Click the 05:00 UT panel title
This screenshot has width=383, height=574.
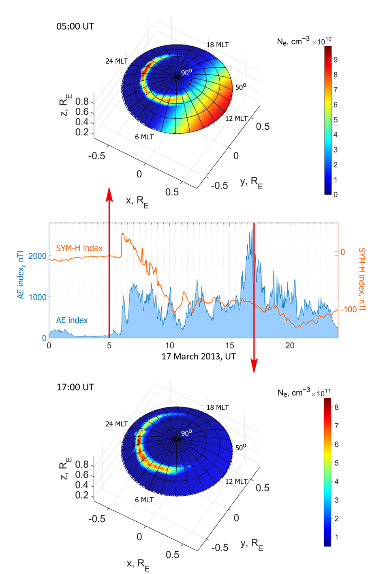pyautogui.click(x=75, y=27)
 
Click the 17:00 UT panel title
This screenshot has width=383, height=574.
pyautogui.click(x=75, y=387)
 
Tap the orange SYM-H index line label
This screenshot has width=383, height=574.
pyautogui.click(x=79, y=248)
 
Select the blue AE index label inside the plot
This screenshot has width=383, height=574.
pyautogui.click(x=72, y=320)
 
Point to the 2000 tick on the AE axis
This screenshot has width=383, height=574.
pyautogui.click(x=37, y=256)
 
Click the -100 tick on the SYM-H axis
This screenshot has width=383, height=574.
pyautogui.click(x=349, y=309)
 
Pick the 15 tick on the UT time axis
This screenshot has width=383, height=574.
pyautogui.click(x=230, y=345)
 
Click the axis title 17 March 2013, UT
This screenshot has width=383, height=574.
pyautogui.click(x=199, y=357)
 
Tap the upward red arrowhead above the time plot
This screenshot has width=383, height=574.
pyautogui.click(x=109, y=194)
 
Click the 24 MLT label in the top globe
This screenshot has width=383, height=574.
pyautogui.click(x=116, y=61)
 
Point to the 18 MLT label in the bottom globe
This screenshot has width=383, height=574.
pyautogui.click(x=218, y=407)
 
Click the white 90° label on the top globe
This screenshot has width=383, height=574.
pyautogui.click(x=186, y=73)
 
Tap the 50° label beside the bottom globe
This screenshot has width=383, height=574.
pyautogui.click(x=241, y=448)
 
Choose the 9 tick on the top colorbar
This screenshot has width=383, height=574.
pyautogui.click(x=336, y=60)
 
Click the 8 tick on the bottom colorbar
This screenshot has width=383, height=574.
pyautogui.click(x=336, y=407)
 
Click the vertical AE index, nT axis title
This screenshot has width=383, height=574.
pyautogui.click(x=21, y=275)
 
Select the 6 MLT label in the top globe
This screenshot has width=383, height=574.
pyautogui.click(x=144, y=137)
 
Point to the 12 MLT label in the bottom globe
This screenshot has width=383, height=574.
pyautogui.click(x=236, y=481)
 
